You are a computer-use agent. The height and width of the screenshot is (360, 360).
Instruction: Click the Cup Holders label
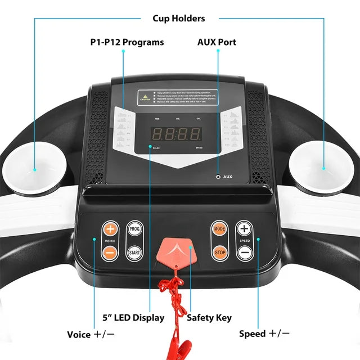179,18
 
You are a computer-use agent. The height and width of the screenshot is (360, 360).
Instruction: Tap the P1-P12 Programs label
127,42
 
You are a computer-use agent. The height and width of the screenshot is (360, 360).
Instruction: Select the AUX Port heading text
217,42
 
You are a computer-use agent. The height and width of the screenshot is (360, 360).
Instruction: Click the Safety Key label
209,318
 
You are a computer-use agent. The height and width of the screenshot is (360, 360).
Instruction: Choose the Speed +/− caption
264,334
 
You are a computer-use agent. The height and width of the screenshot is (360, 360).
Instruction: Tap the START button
134,253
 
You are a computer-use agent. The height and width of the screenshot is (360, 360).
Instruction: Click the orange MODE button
219,229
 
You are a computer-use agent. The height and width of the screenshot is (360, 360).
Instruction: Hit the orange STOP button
219,253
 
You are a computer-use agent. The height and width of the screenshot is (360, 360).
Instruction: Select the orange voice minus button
110,253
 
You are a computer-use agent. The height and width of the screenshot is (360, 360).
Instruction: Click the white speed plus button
244,229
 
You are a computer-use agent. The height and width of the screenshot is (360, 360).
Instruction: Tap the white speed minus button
244,253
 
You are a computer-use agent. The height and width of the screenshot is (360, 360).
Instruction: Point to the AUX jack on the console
218,177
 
